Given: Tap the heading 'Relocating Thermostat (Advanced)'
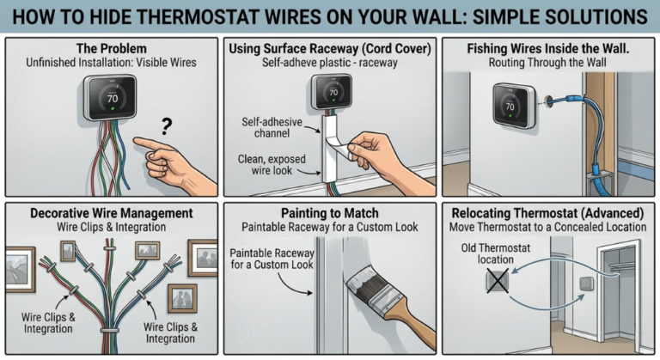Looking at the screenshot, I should pos(547,212).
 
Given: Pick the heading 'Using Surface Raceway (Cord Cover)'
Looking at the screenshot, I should pos(329,48).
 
